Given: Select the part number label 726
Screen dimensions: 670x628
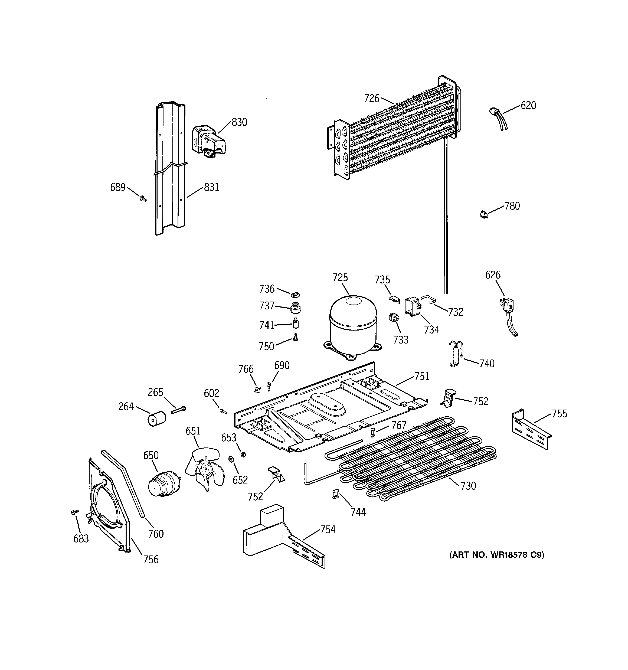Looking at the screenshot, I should click(x=371, y=99).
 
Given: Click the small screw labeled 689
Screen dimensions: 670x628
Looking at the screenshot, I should click(x=143, y=199).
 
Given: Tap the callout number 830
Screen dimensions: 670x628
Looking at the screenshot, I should click(x=239, y=122).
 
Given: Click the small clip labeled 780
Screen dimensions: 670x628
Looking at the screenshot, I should click(x=484, y=214).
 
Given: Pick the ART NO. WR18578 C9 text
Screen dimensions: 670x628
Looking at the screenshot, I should click(x=496, y=555).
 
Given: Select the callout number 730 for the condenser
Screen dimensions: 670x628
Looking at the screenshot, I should click(x=468, y=486).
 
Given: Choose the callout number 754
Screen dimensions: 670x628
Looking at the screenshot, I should click(x=328, y=530).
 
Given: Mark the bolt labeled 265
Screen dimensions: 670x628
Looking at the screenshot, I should click(x=178, y=410).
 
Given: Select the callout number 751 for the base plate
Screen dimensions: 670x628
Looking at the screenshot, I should click(x=422, y=376).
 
